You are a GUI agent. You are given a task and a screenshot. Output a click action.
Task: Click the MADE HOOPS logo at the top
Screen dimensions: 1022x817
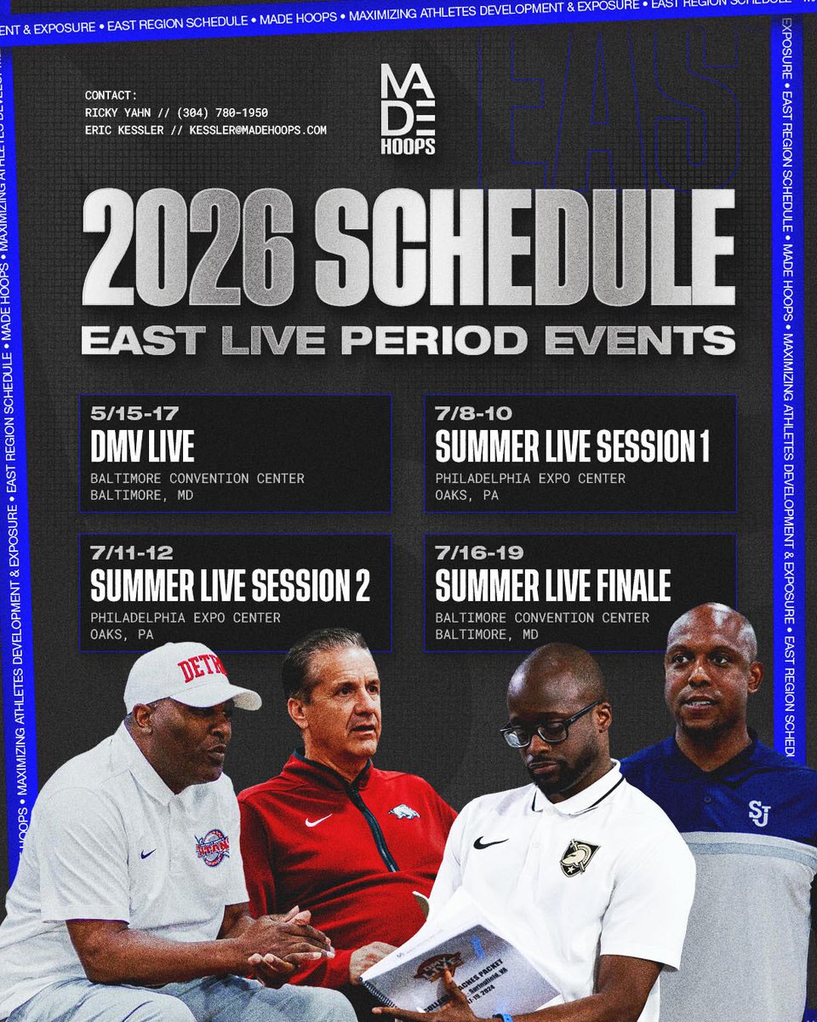coord(408,109)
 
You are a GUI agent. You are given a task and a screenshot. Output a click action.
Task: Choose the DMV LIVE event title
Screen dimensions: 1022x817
coord(142,446)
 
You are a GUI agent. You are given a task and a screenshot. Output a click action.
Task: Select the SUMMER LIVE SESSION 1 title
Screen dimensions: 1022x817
coord(572,446)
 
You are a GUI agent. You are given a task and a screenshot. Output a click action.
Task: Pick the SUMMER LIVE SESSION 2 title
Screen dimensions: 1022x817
coord(230,585)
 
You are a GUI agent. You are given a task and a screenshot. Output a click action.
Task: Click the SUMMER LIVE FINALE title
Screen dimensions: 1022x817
coord(552,585)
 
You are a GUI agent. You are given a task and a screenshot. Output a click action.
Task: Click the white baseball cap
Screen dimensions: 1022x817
coord(189,676)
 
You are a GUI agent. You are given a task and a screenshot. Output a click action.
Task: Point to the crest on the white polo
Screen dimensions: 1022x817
coord(579,857)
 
